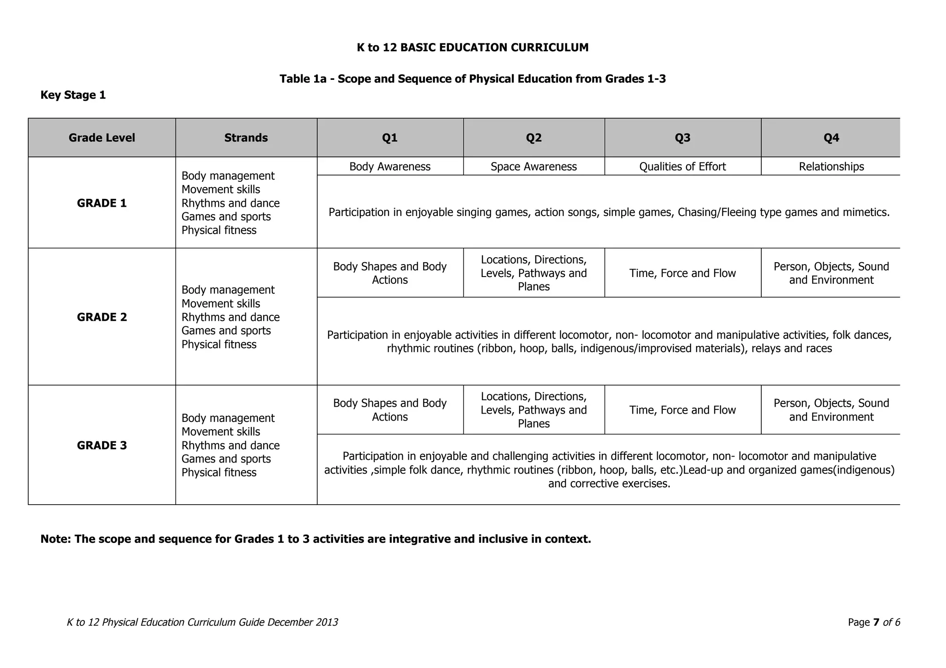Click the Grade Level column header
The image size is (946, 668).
(x=102, y=138)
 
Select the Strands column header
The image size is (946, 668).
(x=246, y=138)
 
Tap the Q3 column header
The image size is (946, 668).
(x=682, y=138)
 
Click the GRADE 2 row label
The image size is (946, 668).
(x=102, y=317)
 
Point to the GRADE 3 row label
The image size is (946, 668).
(x=102, y=445)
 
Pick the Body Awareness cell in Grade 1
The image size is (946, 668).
(x=390, y=167)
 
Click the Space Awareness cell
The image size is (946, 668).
(x=534, y=167)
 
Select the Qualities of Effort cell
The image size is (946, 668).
(x=682, y=167)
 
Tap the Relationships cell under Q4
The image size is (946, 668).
(x=831, y=167)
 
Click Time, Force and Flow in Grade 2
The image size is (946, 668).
(x=682, y=273)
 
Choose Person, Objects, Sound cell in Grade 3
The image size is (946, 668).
(x=831, y=410)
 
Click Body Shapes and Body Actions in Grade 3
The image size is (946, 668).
(x=390, y=410)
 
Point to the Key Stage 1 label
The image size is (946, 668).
(x=73, y=95)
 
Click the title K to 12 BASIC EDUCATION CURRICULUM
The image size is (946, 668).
(x=473, y=48)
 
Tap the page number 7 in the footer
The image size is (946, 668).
(x=876, y=622)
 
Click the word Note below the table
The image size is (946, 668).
(x=54, y=539)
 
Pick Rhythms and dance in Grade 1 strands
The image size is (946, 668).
(x=230, y=203)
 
